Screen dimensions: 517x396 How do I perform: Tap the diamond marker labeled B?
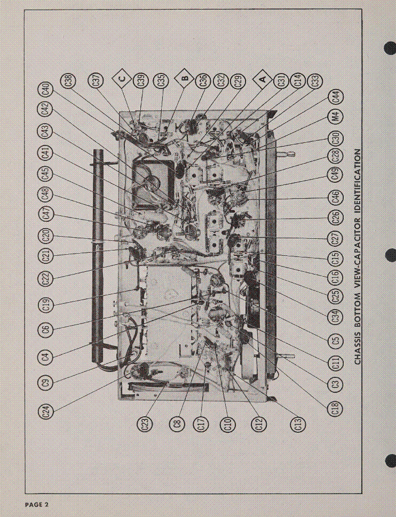185,80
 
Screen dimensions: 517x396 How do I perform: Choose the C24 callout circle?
47,411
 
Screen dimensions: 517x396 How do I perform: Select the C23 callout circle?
145,424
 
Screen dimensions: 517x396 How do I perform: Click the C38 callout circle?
69,81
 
